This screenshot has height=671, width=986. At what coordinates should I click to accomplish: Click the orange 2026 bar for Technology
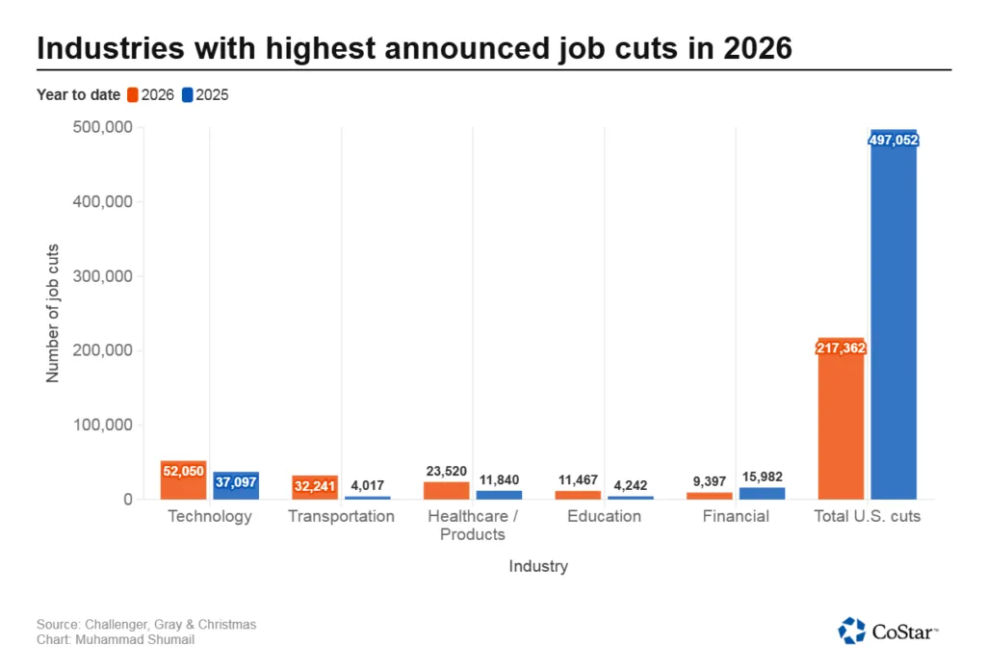tap(183, 480)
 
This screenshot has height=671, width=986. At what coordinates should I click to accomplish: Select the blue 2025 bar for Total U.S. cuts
tap(894, 318)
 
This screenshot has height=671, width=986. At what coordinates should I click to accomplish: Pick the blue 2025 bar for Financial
tap(762, 493)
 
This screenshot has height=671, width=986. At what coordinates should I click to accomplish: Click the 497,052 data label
tap(894, 141)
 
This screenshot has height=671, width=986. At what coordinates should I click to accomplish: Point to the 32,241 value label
tap(315, 486)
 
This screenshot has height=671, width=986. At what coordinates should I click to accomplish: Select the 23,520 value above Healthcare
tap(446, 471)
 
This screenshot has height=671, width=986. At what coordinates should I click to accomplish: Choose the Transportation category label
tap(341, 516)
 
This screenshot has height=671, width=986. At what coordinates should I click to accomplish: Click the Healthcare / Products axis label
tap(473, 525)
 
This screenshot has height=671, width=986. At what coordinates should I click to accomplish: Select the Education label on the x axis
tap(604, 516)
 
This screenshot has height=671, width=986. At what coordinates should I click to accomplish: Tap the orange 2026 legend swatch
tap(132, 95)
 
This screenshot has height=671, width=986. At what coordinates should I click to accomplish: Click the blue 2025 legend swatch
tap(188, 95)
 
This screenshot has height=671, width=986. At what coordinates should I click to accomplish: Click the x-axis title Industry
tap(538, 566)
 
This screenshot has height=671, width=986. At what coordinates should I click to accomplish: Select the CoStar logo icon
tap(852, 631)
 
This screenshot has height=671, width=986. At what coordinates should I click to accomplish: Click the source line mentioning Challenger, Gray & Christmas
tap(146, 625)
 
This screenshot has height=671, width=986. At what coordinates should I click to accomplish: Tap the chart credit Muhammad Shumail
tap(116, 639)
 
